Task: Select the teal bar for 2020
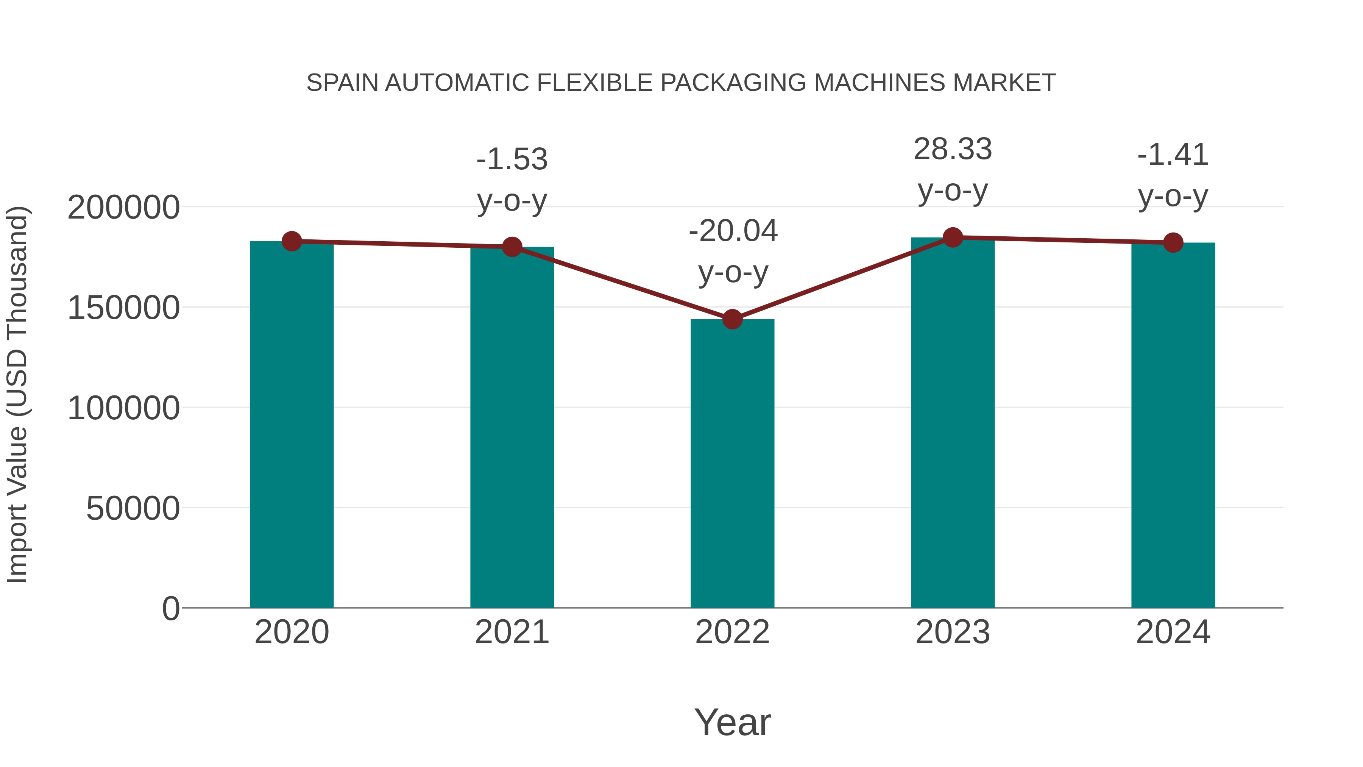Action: click(x=292, y=423)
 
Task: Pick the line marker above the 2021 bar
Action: click(x=512, y=247)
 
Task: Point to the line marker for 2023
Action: click(x=953, y=237)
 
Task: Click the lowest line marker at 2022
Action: click(x=732, y=319)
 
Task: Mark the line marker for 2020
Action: click(x=292, y=241)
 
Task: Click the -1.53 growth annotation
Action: click(x=512, y=159)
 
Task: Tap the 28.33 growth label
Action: click(x=953, y=149)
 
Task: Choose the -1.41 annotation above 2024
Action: click(x=1173, y=155)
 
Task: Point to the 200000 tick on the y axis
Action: click(x=123, y=208)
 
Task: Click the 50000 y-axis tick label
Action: click(x=133, y=509)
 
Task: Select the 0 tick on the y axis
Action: click(x=170, y=609)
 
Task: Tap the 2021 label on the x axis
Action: click(x=512, y=632)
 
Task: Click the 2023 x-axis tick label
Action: click(x=953, y=632)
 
